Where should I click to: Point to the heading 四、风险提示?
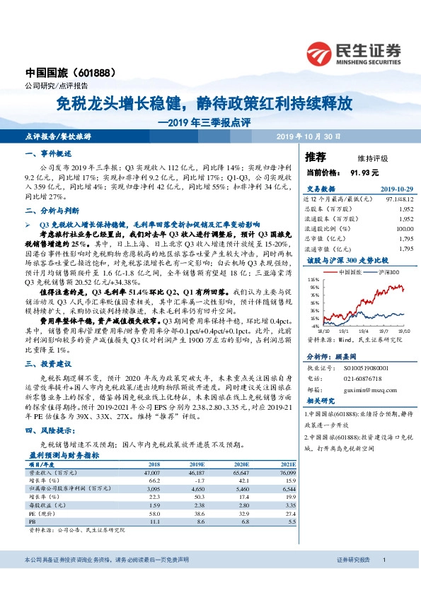point(50,430)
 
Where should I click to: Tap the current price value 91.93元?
point(364,172)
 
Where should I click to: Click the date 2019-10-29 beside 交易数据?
point(396,189)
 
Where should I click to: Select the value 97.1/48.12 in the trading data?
point(398,200)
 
